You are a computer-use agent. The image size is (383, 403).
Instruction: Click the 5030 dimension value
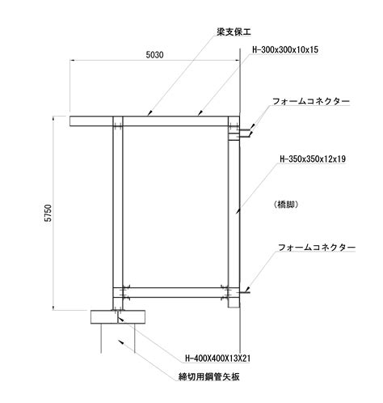pos(154,55)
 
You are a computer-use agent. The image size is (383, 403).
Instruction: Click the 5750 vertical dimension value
pos(48,213)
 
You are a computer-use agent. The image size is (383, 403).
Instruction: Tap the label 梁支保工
pos(234,32)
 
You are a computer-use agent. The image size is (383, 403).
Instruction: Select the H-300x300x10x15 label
pos(285,49)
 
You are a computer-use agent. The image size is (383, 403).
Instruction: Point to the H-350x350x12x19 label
pos(313,159)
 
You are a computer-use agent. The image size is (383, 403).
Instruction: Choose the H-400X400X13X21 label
pos(217,358)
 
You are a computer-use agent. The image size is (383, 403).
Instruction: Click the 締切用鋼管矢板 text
pos(209,376)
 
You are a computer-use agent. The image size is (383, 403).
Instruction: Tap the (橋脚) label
pos(286,205)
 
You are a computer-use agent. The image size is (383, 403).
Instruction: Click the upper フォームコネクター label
pos(311,101)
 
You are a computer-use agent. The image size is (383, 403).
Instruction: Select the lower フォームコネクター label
pos(317,248)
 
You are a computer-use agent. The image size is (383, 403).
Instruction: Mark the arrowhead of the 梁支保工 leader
pos(149,113)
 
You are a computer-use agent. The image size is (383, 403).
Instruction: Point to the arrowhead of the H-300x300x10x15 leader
pos(200,113)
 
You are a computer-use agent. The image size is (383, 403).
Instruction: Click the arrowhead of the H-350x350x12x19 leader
pos(237,212)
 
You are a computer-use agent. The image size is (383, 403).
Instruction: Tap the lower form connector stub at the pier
pos(243,293)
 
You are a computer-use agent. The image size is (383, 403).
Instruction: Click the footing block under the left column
pos(118,317)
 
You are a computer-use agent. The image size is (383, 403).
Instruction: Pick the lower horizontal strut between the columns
pos(175,293)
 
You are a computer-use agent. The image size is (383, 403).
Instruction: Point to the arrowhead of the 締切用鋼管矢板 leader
pos(121,341)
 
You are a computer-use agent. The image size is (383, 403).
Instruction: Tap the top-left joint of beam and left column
pos(118,121)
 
